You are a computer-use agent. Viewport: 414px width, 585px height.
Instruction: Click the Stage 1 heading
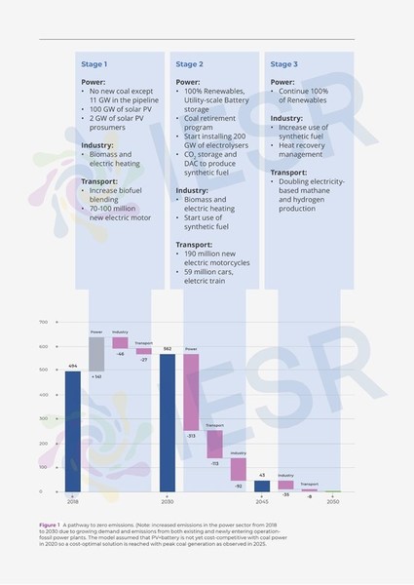[x=94, y=64]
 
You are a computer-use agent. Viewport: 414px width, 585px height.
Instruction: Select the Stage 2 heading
[x=189, y=64]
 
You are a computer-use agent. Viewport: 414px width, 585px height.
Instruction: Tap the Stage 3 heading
[x=283, y=64]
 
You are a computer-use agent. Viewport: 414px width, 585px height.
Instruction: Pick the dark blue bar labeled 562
[x=167, y=422]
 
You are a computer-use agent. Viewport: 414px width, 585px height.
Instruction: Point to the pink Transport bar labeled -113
[x=214, y=444]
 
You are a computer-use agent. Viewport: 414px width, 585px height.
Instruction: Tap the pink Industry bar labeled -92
[x=238, y=469]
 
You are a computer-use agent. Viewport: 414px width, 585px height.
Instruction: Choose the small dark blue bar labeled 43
[x=262, y=486]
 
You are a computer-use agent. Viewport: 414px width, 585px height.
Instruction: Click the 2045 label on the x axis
[x=262, y=501]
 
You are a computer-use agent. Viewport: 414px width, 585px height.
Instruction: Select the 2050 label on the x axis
[x=333, y=501]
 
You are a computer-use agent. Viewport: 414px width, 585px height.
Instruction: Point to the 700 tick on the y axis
[x=43, y=322]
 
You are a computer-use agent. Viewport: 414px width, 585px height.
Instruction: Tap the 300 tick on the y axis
[x=43, y=419]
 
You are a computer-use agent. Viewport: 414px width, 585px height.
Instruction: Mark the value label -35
[x=285, y=495]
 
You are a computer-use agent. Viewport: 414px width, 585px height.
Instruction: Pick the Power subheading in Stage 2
[x=187, y=82]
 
